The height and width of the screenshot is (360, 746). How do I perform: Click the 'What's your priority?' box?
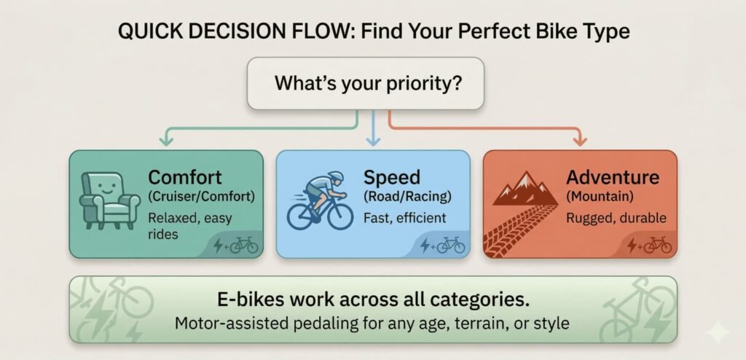(x=366, y=83)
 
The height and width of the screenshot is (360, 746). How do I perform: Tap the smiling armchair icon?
(x=110, y=201)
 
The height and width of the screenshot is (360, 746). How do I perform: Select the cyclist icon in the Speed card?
(x=321, y=200)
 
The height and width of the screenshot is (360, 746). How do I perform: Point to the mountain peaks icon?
(x=525, y=188)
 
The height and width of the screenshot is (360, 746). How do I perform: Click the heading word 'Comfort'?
(x=184, y=178)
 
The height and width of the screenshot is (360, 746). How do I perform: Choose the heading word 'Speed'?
(x=391, y=178)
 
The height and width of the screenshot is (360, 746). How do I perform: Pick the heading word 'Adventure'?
(x=613, y=178)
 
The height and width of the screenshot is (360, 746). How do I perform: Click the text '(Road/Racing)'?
(x=407, y=196)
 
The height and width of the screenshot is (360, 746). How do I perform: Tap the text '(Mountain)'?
(x=594, y=196)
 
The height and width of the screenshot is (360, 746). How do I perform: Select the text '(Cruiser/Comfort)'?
(x=201, y=196)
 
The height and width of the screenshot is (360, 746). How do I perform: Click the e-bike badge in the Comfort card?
(x=235, y=246)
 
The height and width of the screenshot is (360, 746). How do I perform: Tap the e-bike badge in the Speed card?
(x=442, y=246)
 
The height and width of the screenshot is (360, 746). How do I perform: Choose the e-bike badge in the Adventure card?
(x=649, y=246)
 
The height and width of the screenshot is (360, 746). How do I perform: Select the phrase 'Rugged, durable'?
(x=616, y=218)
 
